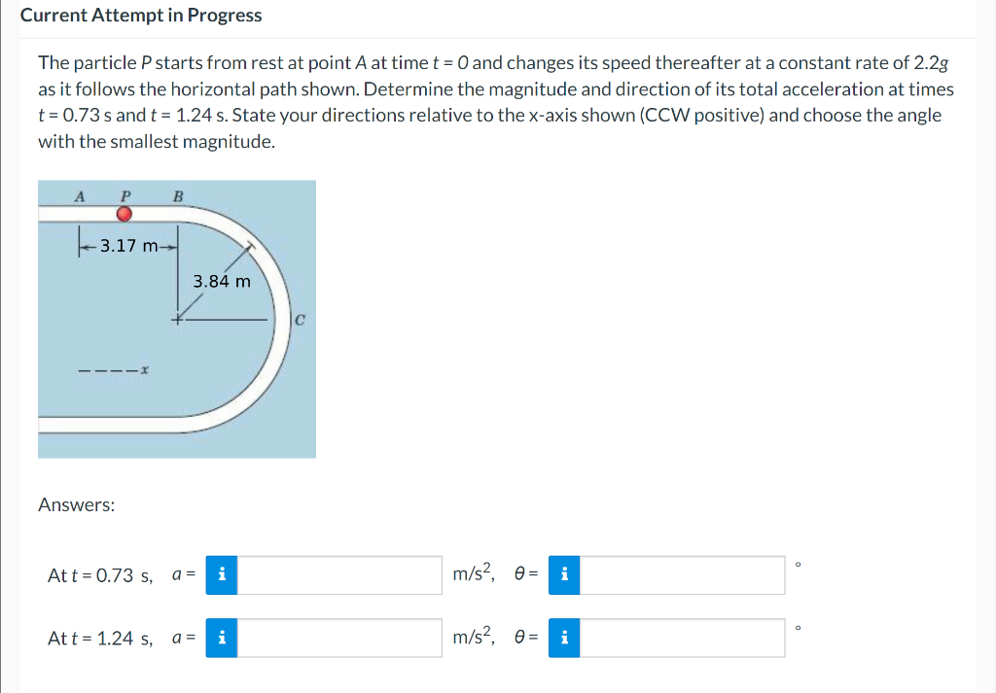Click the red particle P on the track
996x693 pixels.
coord(124,214)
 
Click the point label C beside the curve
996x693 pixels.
coord(301,318)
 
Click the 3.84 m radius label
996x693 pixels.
coord(222,282)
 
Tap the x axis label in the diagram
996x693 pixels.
coord(144,370)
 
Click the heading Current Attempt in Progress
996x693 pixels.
coord(141,16)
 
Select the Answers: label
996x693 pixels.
coord(76,504)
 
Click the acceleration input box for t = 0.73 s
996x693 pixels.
coord(339,575)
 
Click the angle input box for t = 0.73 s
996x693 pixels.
coord(682,575)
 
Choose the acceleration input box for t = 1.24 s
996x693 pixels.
coord(339,639)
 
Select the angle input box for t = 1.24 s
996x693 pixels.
coord(682,639)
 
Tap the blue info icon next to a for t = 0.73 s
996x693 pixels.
coord(222,575)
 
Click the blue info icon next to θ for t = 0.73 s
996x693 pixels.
coord(564,575)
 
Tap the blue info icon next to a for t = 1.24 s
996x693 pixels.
coord(222,639)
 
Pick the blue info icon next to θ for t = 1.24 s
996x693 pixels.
coord(564,639)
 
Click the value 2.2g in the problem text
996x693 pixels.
coord(931,63)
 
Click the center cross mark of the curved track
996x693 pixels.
coord(177,319)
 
